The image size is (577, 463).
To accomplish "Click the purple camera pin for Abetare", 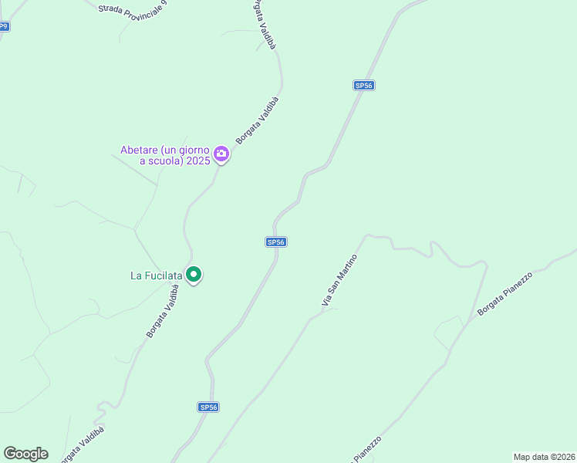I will (221, 154).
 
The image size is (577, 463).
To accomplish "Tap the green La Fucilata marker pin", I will (194, 274).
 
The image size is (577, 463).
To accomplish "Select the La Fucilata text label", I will (156, 275).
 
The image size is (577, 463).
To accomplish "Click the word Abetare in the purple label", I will (139, 150).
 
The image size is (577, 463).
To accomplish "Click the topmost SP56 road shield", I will (364, 86).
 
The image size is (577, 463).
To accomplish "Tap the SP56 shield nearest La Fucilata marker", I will (276, 242).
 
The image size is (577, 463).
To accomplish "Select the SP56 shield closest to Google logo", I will (208, 407).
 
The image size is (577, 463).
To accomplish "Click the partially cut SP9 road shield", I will (4, 26).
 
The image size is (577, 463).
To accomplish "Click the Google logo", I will (25, 454).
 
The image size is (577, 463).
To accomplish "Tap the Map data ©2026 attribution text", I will (544, 457).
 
